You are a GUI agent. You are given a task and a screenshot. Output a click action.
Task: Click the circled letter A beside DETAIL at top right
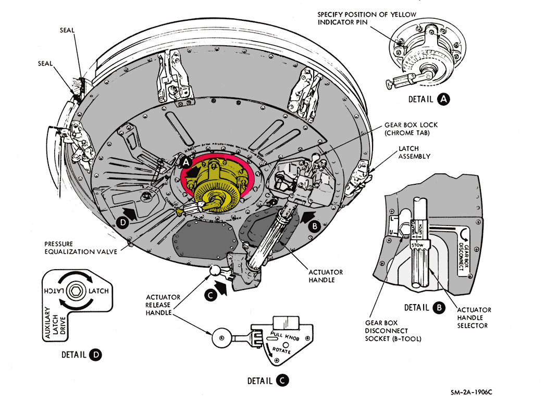[x=444, y=98]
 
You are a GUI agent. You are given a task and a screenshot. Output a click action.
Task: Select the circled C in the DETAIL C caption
[x=281, y=381]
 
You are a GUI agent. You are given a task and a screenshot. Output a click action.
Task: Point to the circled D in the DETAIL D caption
[x=96, y=355]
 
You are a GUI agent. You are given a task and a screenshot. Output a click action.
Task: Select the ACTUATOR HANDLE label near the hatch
[x=326, y=276]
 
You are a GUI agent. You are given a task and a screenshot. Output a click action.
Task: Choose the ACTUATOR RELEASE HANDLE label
[x=163, y=306]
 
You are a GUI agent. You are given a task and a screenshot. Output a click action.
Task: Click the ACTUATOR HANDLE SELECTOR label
[x=474, y=318]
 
